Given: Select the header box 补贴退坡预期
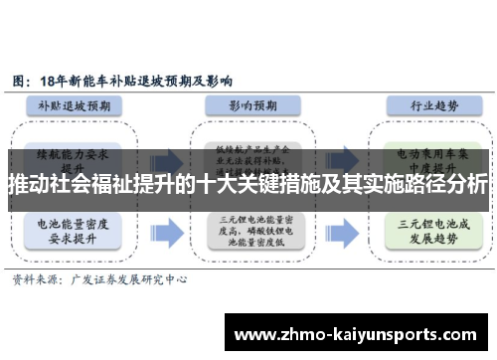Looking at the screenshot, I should pyautogui.click(x=81, y=104).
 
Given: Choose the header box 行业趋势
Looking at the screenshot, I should pyautogui.click(x=417, y=104).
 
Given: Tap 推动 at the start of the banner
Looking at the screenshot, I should pyautogui.click(x=27, y=185).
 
